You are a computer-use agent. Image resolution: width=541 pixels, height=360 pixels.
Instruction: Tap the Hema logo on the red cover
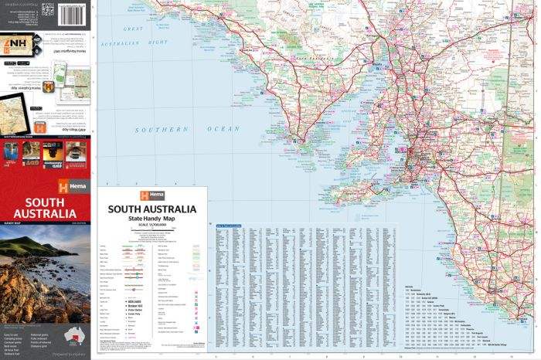click(73, 186)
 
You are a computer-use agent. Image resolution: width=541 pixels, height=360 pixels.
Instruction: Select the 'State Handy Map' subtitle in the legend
click(151, 220)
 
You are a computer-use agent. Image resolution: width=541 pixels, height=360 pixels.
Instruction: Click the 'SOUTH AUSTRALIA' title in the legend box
click(151, 209)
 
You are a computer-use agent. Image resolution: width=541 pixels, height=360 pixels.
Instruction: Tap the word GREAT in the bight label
click(134, 29)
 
